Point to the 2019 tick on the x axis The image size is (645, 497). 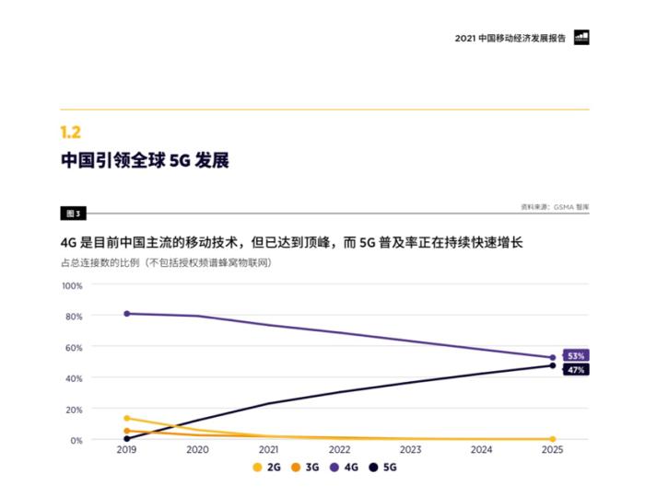[x=126, y=450]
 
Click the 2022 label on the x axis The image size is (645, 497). [x=339, y=450]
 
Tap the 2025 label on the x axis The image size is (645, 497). [x=552, y=450]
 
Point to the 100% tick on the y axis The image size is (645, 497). [x=72, y=285]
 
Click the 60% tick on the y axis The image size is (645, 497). [x=74, y=347]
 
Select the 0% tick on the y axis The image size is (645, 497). [x=76, y=440]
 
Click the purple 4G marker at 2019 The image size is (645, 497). [x=126, y=314]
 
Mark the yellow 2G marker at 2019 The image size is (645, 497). [x=126, y=418]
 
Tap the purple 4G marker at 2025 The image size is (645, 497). [x=553, y=357]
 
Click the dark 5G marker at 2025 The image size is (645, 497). [x=553, y=365]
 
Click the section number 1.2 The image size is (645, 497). [x=71, y=133]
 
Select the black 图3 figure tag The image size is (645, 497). [x=73, y=214]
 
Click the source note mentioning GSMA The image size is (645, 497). [x=554, y=207]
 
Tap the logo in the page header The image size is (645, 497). [x=581, y=38]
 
